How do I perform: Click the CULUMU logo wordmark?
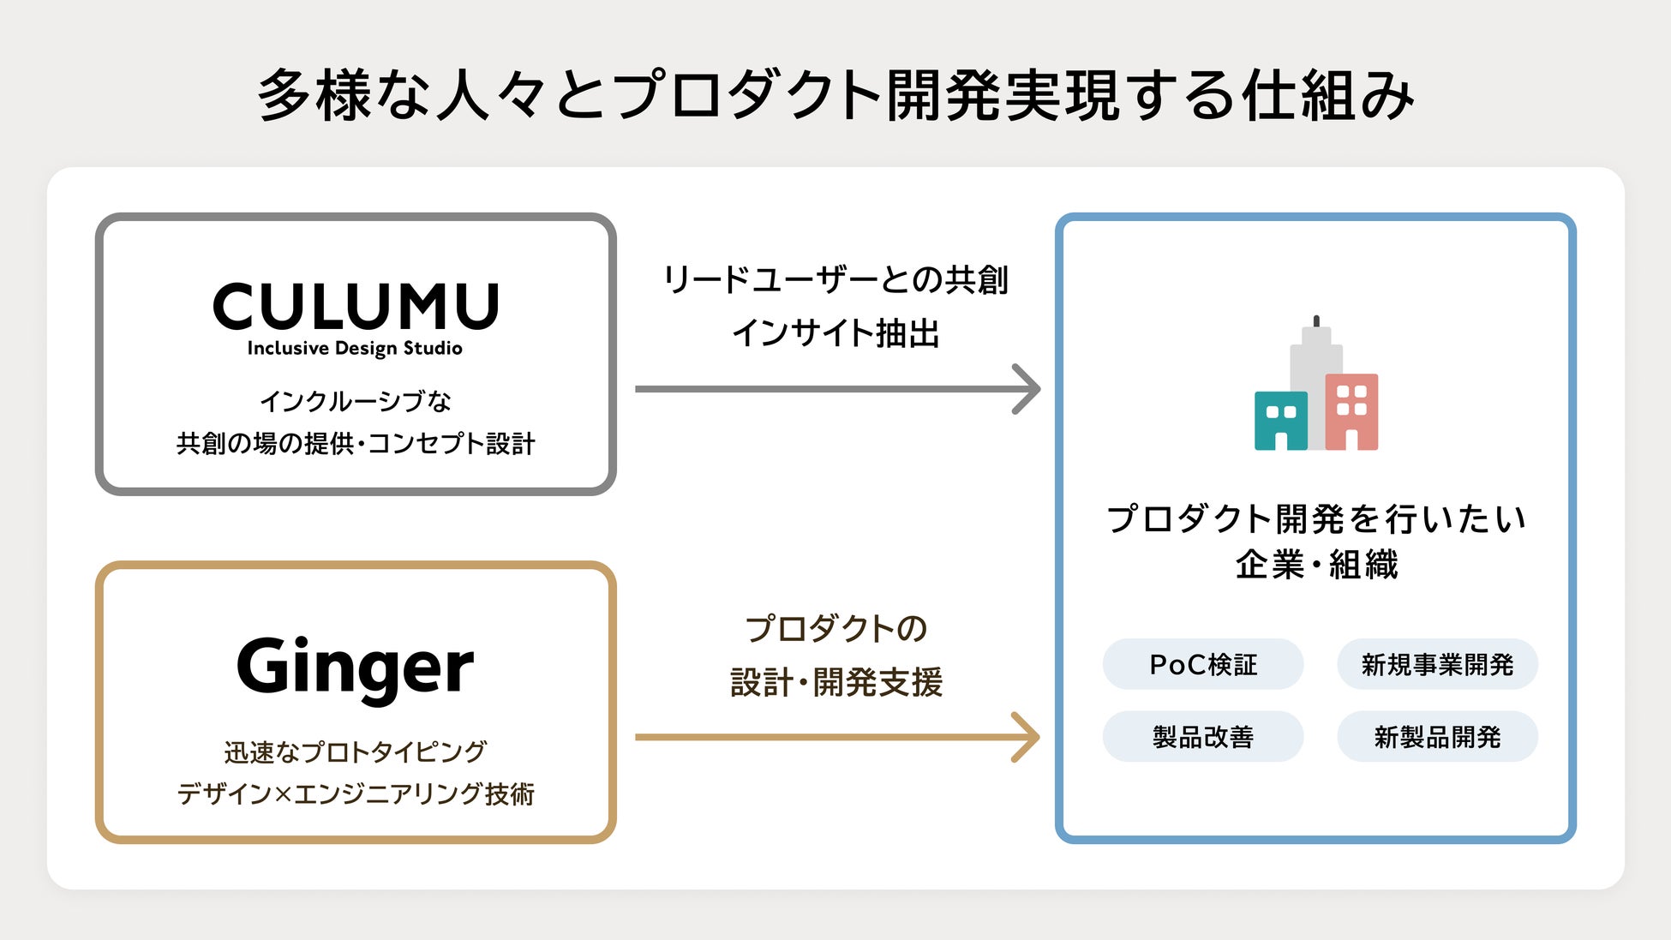(356, 306)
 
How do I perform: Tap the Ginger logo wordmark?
(355, 668)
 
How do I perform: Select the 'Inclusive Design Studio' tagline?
(355, 348)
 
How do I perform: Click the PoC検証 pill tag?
(1202, 664)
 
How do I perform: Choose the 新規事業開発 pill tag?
(1437, 664)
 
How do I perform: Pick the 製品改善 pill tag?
(1202, 737)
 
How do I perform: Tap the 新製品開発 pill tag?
(1437, 737)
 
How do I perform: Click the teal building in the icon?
(1280, 420)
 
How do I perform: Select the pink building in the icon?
(1352, 411)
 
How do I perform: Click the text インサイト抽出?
(835, 333)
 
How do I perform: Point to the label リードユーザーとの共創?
(835, 280)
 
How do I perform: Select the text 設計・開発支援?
(835, 683)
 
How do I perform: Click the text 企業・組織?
(1316, 565)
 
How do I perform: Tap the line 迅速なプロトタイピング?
(355, 752)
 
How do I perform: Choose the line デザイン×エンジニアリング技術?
(355, 794)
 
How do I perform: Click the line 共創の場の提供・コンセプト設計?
(355, 444)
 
